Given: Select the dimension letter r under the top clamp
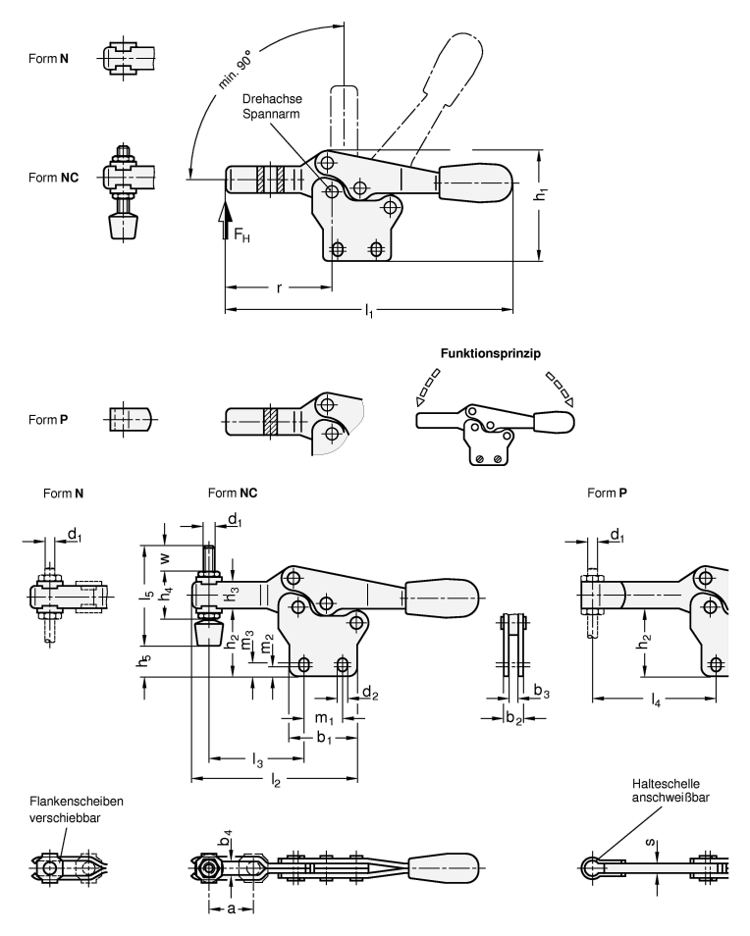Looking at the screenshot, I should pyautogui.click(x=278, y=288).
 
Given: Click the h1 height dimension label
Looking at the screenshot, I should pyautogui.click(x=542, y=196).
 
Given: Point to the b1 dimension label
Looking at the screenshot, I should pyautogui.click(x=322, y=737).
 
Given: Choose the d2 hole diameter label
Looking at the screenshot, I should pyautogui.click(x=368, y=694).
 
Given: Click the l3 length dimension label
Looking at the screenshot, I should pyautogui.click(x=257, y=760).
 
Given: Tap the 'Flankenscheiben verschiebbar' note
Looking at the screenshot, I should pyautogui.click(x=76, y=807).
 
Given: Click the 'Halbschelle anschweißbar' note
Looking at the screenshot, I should pyautogui.click(x=671, y=791).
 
